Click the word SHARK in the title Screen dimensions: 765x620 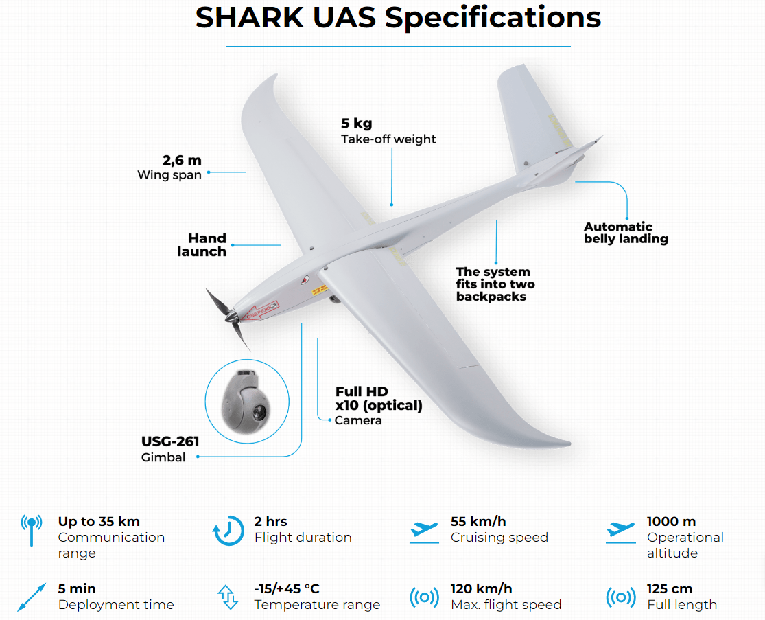[249, 18]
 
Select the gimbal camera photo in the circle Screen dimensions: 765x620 [246, 401]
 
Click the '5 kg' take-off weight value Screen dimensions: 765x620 [356, 124]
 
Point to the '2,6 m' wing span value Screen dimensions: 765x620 [182, 160]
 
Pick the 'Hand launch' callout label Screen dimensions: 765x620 [202, 244]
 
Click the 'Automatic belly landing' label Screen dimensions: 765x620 [626, 232]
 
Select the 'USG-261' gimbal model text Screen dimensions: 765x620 [170, 441]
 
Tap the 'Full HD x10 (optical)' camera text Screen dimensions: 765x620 [379, 398]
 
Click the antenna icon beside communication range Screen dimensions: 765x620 [32, 530]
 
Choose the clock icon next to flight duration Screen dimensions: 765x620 [228, 531]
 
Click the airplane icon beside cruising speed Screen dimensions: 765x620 [424, 532]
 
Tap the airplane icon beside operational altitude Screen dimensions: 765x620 [621, 532]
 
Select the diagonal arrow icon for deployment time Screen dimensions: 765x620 [32, 597]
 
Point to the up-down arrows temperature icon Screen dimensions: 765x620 [228, 597]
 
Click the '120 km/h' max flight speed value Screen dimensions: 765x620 [481, 588]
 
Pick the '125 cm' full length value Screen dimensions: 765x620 [670, 588]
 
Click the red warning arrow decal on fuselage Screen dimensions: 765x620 [262, 310]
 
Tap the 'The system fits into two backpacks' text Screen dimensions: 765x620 [495, 284]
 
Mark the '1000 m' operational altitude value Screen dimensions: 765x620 [671, 521]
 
